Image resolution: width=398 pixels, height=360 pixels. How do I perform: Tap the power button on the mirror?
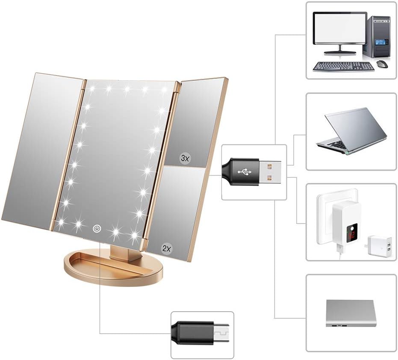point(97,228)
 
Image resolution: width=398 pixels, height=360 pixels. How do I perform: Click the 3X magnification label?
point(185,159)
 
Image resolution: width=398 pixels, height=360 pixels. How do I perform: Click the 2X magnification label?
point(167,248)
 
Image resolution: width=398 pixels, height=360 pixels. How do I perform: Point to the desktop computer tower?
point(376,37)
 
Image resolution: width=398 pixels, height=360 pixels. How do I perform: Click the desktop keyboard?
point(343,67)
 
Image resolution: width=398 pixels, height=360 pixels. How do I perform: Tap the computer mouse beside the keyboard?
point(382,63)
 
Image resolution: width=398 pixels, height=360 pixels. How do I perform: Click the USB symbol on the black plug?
point(245,172)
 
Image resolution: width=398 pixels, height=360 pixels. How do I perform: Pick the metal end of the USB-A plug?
point(270,172)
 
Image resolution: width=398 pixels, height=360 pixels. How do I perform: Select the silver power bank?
point(351,313)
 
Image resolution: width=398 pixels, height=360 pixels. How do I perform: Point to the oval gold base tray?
point(113,270)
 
